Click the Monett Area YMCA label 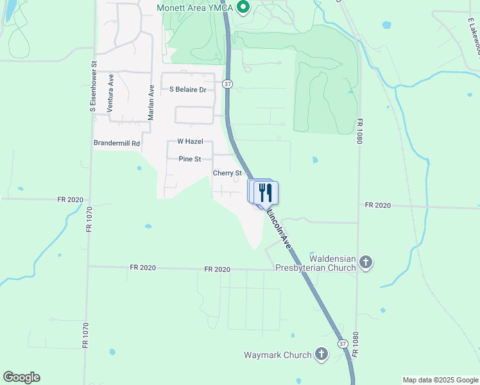[x=195, y=8]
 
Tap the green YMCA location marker [x=243, y=8]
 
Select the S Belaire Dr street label [x=188, y=90]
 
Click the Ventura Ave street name [x=110, y=93]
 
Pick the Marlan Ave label [x=151, y=103]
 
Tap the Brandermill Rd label [x=117, y=144]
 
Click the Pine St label [x=190, y=158]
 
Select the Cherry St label [x=227, y=173]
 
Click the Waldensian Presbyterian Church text [x=315, y=262]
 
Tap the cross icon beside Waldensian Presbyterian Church [x=366, y=262]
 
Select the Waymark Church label [x=278, y=355]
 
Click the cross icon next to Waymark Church [x=321, y=354]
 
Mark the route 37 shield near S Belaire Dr [x=228, y=85]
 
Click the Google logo [x=21, y=377]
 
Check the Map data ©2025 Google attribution [x=440, y=380]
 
